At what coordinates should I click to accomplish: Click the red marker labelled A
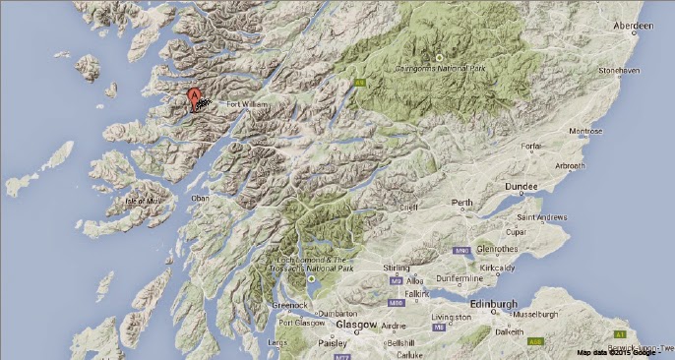click(195, 95)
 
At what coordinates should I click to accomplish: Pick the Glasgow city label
click(357, 324)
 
